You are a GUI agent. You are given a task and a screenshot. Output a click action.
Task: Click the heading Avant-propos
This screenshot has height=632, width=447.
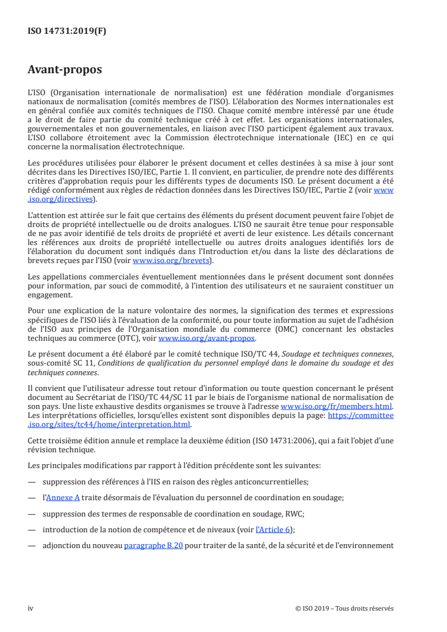coord(65,70)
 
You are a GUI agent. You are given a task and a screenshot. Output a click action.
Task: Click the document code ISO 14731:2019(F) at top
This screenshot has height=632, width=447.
coord(67,32)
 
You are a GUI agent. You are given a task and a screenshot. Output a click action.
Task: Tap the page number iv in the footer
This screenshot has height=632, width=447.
coord(30,608)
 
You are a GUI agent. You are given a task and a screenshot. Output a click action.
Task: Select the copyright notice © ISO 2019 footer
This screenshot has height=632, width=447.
coord(344,608)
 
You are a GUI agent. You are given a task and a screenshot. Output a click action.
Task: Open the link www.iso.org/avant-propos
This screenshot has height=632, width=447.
coord(207,338)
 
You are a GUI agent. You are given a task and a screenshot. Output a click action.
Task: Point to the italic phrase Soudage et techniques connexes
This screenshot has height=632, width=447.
coord(330,354)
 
